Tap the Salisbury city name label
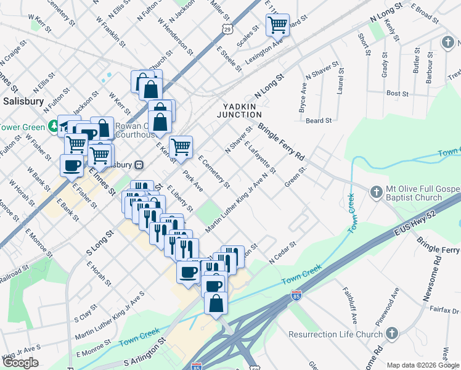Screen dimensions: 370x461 pyautogui.click(x=23, y=101)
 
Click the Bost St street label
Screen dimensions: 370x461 pyautogui.click(x=397, y=94)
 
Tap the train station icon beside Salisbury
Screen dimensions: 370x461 pyautogui.click(x=140, y=165)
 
